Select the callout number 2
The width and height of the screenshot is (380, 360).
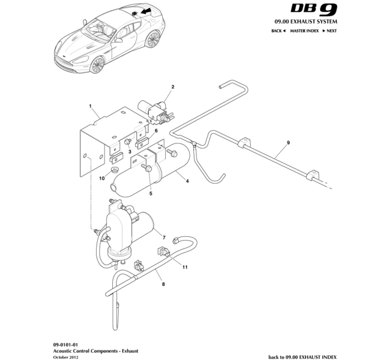coord(172,87)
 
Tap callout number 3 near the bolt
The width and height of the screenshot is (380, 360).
coord(129,152)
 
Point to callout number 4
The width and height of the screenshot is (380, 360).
coord(188,181)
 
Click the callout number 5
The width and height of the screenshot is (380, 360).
coord(151,193)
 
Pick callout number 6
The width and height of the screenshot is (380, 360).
coord(155,131)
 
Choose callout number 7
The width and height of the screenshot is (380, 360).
coord(163,238)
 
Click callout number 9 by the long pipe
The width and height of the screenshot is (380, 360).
coord(288,142)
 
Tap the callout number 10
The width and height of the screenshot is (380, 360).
coord(102,178)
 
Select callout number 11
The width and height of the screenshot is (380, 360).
coord(185,266)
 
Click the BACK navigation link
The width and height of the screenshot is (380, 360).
coord(278,30)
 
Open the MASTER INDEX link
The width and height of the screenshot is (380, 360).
coord(304,30)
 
